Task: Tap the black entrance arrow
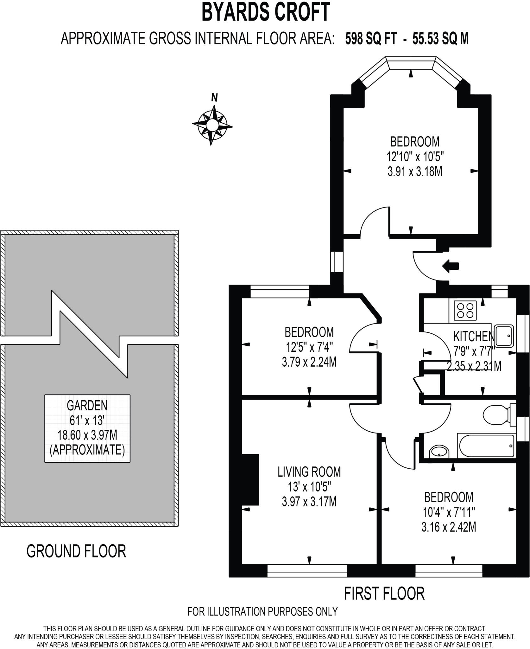click(451, 266)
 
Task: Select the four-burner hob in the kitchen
click(465, 310)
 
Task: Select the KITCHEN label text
click(474, 336)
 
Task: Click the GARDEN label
click(87, 405)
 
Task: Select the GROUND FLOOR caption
click(76, 551)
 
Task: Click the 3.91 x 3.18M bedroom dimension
click(415, 172)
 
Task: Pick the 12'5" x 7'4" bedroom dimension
click(309, 347)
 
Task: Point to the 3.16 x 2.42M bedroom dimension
click(449, 527)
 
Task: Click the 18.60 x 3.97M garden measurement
click(87, 435)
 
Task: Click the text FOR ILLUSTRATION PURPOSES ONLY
click(262, 611)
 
